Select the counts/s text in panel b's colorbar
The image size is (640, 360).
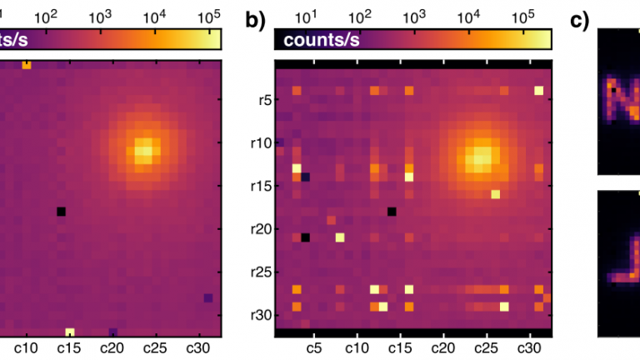coord(320,41)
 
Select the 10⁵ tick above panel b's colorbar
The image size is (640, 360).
coord(522,16)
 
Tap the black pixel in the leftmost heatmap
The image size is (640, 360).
coord(61,212)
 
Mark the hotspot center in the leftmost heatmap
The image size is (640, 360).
coord(145,152)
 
